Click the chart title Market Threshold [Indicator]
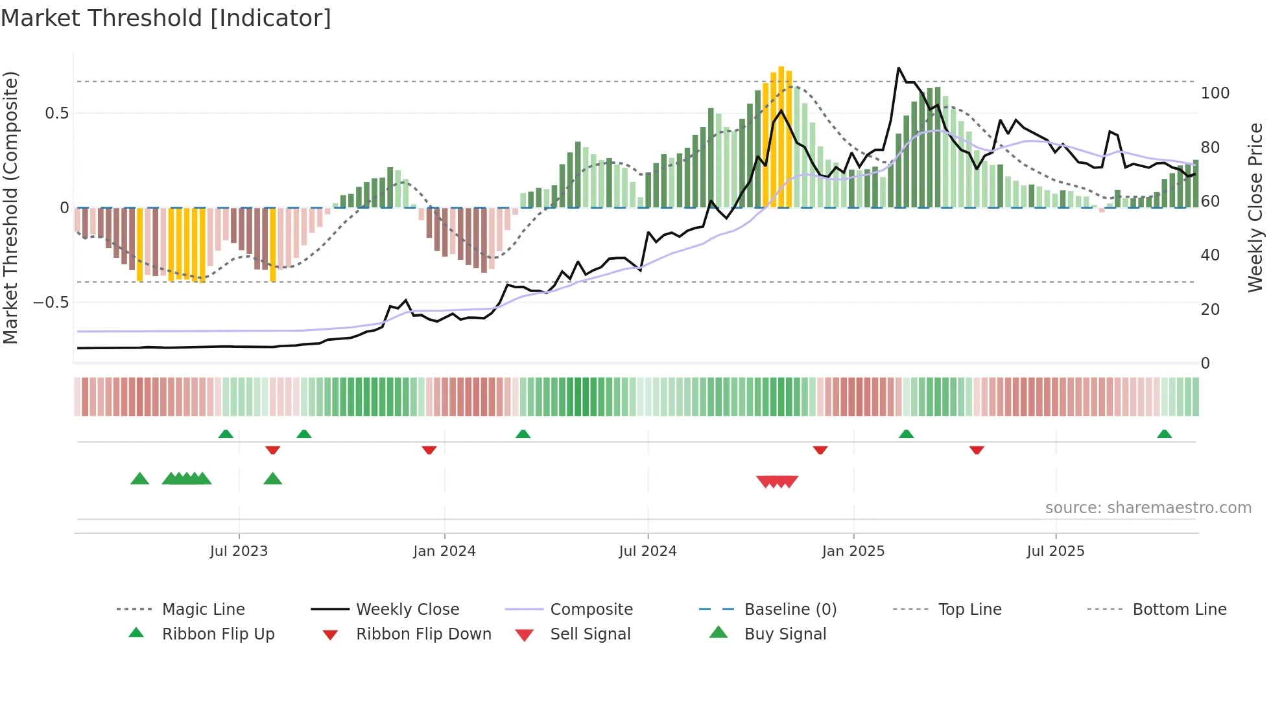[166, 18]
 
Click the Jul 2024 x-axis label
[647, 551]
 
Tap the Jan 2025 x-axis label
[853, 551]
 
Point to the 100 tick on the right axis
[1215, 93]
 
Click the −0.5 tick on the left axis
[51, 303]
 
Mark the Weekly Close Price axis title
[1255, 207]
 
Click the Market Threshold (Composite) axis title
[10, 207]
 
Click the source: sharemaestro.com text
[1148, 507]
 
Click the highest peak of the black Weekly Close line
[898, 68]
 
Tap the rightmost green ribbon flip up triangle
[1164, 434]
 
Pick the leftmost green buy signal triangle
[139, 479]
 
